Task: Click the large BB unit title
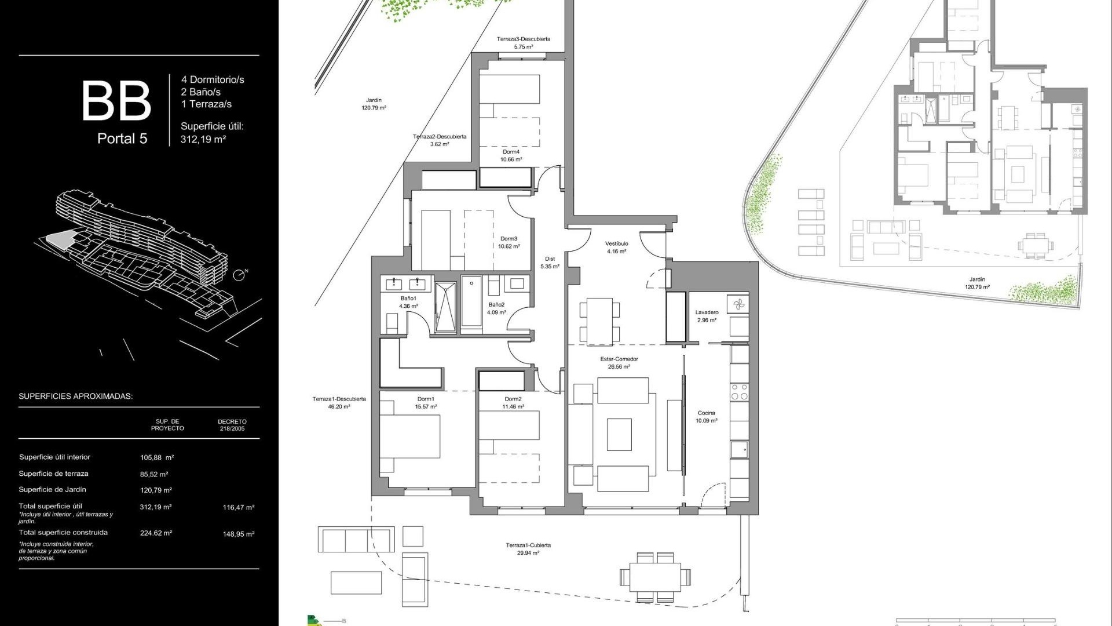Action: [x=116, y=101]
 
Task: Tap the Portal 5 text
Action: [x=122, y=139]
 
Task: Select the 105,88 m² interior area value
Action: [x=157, y=457]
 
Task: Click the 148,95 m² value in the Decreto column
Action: [x=238, y=534]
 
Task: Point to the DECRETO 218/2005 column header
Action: [x=232, y=425]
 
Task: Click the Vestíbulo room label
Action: [x=616, y=248]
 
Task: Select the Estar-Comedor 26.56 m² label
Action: [x=619, y=363]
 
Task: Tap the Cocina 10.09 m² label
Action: [x=706, y=417]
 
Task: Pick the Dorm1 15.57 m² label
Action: [x=426, y=403]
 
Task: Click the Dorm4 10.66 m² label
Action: [x=511, y=155]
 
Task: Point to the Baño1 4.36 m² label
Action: [x=408, y=302]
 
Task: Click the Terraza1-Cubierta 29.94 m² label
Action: [x=528, y=549]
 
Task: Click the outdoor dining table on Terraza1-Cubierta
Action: [x=655, y=577]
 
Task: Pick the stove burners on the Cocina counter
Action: [x=739, y=392]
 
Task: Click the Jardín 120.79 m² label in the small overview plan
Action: [x=977, y=283]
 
